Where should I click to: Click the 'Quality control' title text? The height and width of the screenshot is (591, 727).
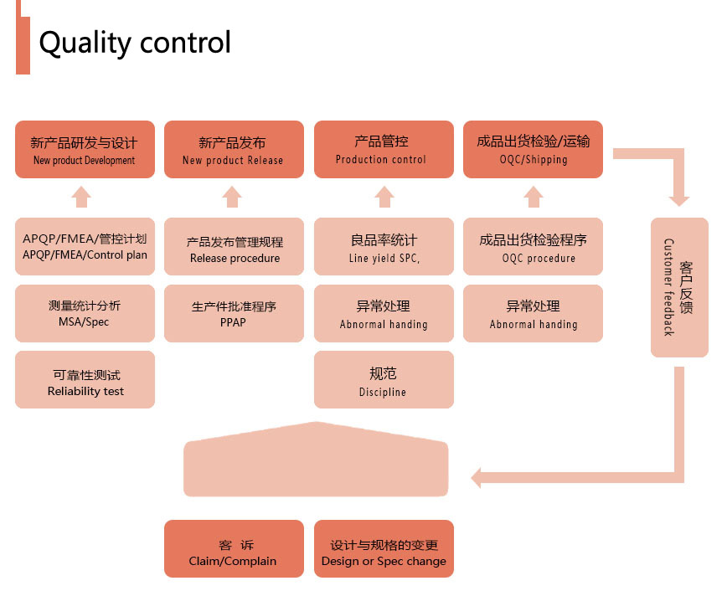[x=135, y=43]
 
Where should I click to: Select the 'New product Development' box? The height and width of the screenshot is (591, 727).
[x=85, y=149]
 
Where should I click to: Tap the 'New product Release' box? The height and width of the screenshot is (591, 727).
[x=235, y=149]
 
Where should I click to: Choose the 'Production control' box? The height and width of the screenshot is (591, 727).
[x=384, y=149]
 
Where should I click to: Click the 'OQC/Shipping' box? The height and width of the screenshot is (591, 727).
[x=534, y=149]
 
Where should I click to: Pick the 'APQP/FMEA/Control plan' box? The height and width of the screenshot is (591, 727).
[x=85, y=247]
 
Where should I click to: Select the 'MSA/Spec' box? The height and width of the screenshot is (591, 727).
[x=85, y=313]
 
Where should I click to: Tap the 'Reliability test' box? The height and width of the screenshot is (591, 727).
[x=85, y=380]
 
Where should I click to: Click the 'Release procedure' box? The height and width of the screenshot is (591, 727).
[x=235, y=247]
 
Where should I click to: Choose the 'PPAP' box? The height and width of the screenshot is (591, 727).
[x=235, y=313]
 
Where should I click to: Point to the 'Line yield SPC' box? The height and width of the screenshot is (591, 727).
[x=384, y=247]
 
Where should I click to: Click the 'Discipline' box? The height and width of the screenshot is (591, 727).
[x=384, y=380]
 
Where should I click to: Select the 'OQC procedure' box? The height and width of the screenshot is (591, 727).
[x=534, y=247]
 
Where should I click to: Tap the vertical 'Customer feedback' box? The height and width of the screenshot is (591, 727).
[x=680, y=287]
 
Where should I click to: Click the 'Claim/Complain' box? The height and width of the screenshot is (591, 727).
[x=235, y=549]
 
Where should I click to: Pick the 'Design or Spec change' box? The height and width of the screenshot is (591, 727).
[x=384, y=549]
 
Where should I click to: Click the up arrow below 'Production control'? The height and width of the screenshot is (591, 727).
[x=384, y=197]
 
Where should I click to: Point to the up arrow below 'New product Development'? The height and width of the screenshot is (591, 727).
[x=81, y=197]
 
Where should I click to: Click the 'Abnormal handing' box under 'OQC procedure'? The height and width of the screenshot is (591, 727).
[x=534, y=313]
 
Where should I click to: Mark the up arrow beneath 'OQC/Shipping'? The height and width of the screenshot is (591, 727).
[x=534, y=197]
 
